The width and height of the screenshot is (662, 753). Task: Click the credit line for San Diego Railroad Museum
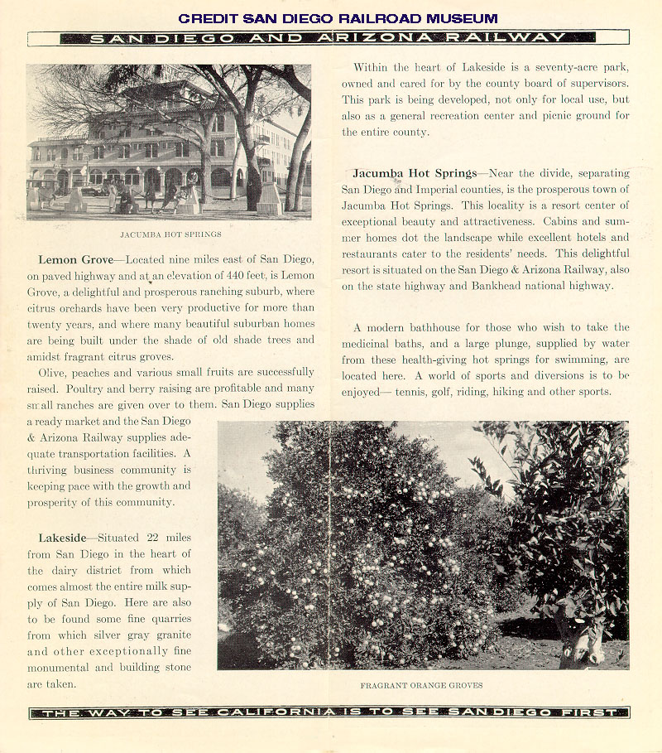tap(338, 18)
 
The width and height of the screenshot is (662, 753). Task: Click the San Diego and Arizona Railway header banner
tap(329, 38)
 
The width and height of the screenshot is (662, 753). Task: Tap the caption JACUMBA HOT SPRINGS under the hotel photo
tap(170, 234)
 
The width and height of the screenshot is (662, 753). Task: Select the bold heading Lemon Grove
tap(75, 260)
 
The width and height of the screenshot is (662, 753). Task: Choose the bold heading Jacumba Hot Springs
tap(415, 174)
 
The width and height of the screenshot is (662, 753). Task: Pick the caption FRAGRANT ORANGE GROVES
tap(422, 685)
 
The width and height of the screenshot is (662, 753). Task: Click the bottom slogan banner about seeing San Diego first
tap(329, 712)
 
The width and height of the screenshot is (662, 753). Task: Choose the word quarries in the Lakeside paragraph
tap(170, 619)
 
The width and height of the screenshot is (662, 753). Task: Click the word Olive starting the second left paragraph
tap(55, 372)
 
